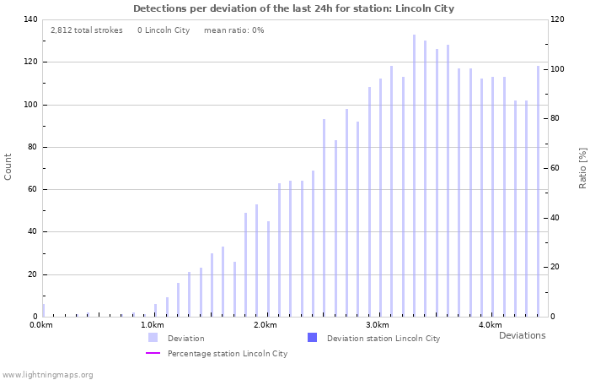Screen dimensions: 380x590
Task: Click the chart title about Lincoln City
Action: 293,8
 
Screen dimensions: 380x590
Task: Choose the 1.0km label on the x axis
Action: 152,325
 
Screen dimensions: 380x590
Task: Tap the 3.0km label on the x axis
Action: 378,325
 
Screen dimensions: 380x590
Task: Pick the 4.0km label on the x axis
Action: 490,325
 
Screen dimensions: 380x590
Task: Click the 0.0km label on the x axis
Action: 41,325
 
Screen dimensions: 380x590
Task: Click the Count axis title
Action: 8,166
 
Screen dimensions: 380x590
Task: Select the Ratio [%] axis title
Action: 582,167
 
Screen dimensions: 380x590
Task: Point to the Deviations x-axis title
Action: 522,335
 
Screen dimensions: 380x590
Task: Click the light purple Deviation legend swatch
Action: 153,338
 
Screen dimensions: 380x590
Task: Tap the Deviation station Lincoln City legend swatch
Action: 313,338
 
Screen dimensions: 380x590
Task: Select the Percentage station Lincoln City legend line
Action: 153,353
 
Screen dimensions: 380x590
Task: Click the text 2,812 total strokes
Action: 86,30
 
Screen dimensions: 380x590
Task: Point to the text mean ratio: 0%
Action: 233,30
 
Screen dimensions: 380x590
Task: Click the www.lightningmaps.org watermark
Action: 47,374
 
